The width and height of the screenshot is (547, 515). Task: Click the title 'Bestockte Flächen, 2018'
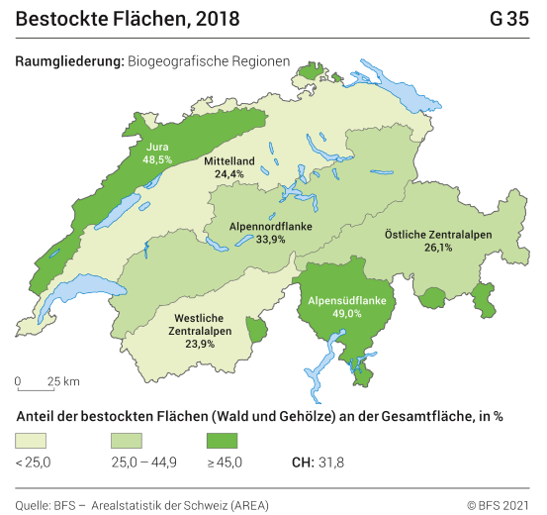point(128,19)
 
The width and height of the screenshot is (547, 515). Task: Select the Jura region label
point(157,146)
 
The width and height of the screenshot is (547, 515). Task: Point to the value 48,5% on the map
point(157,158)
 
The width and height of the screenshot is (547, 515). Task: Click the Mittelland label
point(229,160)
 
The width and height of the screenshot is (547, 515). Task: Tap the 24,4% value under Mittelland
point(229,173)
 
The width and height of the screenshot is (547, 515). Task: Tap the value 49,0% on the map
point(347,313)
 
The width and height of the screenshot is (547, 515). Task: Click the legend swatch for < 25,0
point(31,440)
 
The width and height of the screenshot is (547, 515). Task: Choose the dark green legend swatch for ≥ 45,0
point(222,440)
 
